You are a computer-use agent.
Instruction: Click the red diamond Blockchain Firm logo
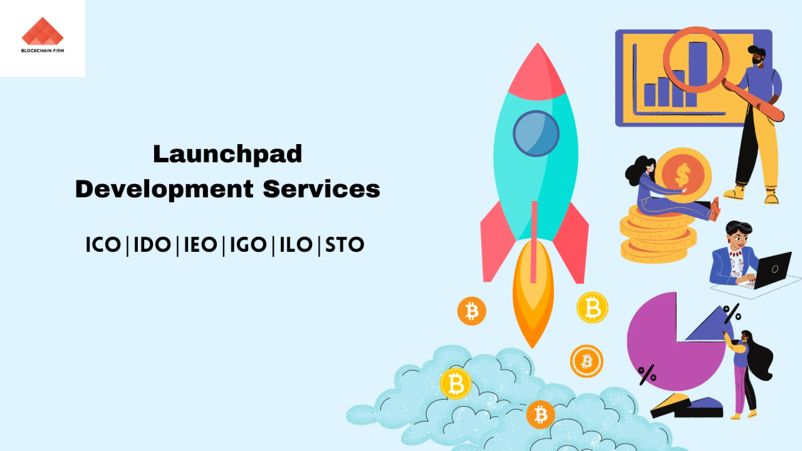(x=43, y=31)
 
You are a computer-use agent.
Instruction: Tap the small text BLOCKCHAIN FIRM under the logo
(x=43, y=51)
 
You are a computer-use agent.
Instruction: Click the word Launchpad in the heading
(x=228, y=155)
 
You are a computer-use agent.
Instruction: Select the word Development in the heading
(x=164, y=189)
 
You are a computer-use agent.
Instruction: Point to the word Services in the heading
(x=322, y=189)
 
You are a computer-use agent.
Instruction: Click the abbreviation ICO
(x=103, y=245)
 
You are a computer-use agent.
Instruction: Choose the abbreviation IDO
(x=152, y=245)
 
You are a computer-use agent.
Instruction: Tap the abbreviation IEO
(x=200, y=245)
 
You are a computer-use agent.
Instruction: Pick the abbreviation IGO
(x=249, y=245)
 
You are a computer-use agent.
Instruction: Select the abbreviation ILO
(x=296, y=245)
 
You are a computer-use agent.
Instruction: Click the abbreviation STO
(x=345, y=245)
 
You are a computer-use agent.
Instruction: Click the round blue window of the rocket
(x=536, y=134)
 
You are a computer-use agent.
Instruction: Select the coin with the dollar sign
(x=683, y=175)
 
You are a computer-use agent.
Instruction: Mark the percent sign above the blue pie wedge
(x=732, y=313)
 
